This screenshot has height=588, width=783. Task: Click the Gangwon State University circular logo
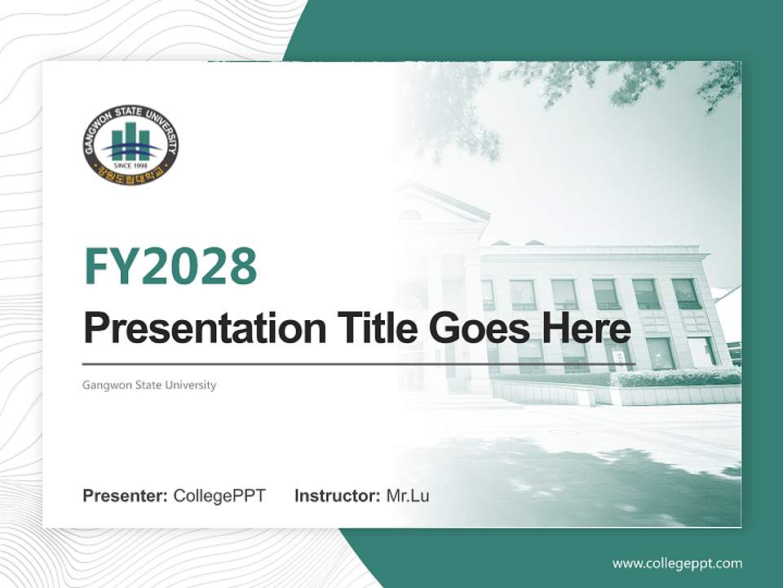point(130,145)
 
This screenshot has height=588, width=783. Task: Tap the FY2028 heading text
point(170,266)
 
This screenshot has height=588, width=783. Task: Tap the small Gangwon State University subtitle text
point(149,385)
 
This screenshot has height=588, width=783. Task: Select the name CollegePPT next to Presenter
point(219,496)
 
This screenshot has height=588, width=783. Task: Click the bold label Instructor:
point(337,496)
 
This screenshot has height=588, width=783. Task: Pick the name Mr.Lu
point(408,496)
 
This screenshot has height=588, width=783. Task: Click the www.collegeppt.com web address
point(677,563)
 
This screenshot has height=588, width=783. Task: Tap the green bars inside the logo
point(130,139)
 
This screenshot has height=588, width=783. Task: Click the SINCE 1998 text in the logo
point(130,163)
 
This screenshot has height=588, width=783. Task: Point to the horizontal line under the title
point(359,364)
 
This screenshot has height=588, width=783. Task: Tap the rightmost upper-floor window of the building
point(686,293)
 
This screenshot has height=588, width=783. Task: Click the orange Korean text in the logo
point(130,174)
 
